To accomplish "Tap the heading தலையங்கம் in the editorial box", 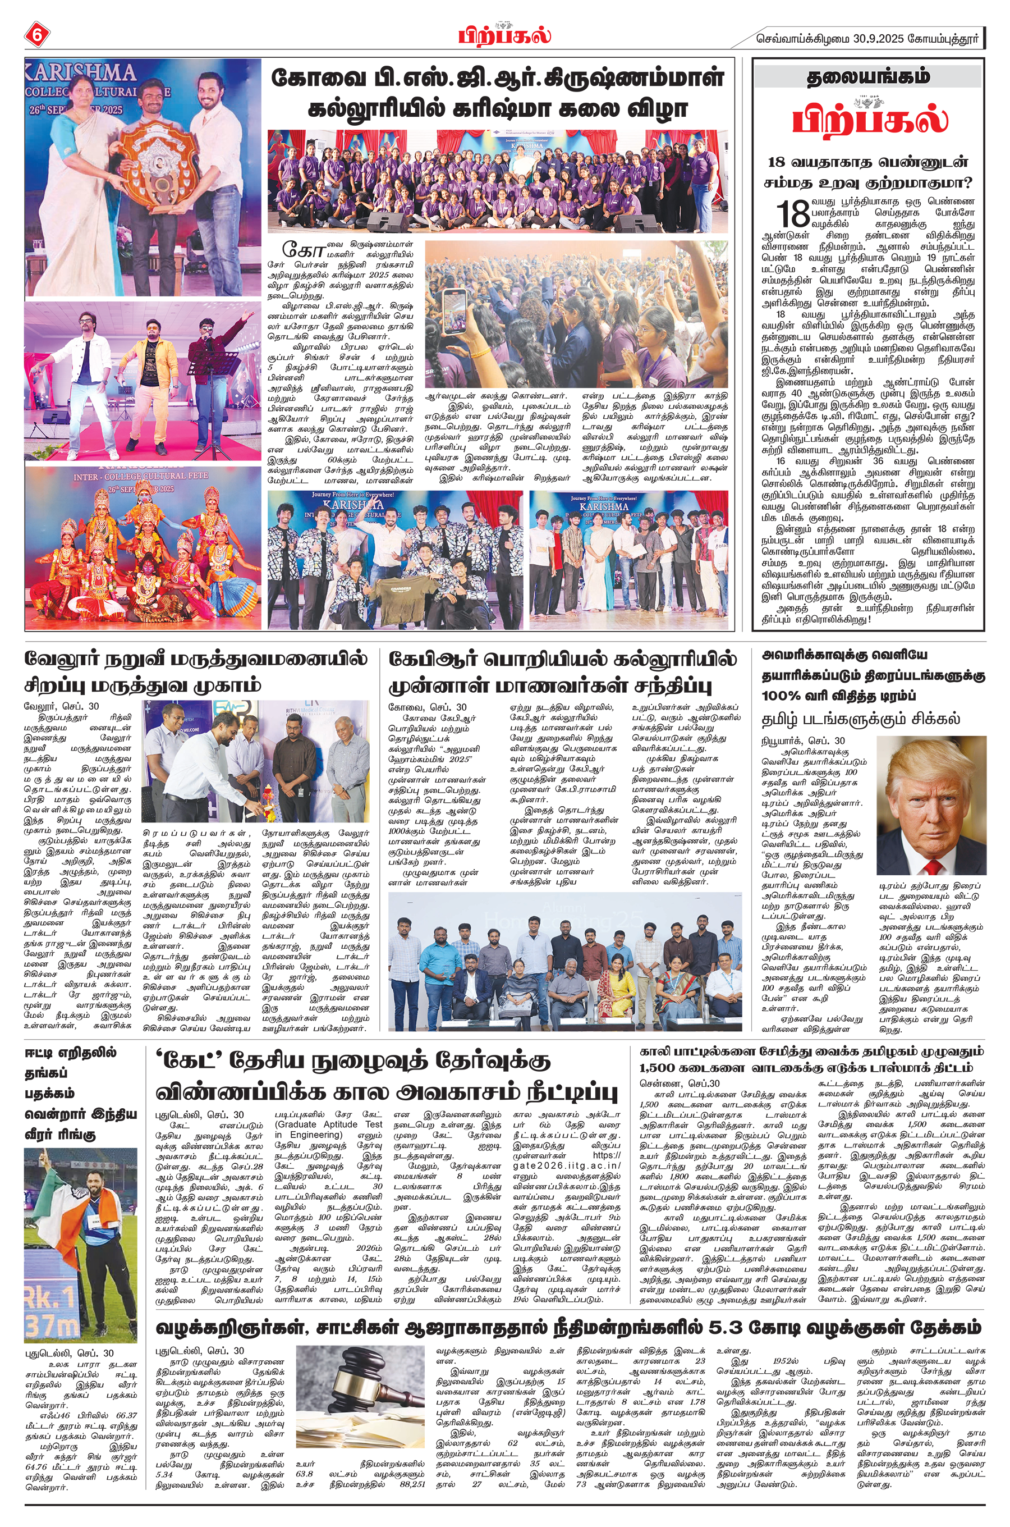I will (x=867, y=77).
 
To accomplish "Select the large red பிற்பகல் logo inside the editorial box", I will (x=870, y=119).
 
